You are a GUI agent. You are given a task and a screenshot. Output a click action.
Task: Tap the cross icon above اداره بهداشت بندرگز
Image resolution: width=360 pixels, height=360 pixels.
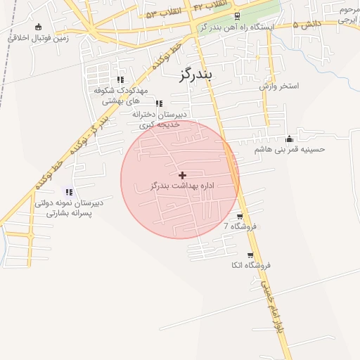(x=182, y=174)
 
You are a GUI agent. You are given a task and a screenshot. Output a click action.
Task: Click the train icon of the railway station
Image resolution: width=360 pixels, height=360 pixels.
(x=237, y=16)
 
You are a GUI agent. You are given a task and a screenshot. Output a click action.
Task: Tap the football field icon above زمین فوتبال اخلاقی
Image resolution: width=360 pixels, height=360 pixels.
(x=37, y=27)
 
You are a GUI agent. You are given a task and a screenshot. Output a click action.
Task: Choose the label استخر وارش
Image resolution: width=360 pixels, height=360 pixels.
(x=278, y=86)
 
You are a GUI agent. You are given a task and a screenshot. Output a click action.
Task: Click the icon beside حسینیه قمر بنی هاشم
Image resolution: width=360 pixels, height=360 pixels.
(x=289, y=139)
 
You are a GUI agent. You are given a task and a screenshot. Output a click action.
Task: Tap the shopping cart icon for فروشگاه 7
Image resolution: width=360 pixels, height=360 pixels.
(x=240, y=217)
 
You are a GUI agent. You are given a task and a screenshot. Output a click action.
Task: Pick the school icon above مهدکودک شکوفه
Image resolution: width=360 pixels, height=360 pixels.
(x=120, y=79)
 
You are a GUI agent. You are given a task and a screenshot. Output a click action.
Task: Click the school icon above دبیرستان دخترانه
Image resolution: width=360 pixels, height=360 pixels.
(x=159, y=103)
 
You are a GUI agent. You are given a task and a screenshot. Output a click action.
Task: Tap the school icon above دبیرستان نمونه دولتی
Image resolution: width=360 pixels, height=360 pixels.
(x=69, y=191)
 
